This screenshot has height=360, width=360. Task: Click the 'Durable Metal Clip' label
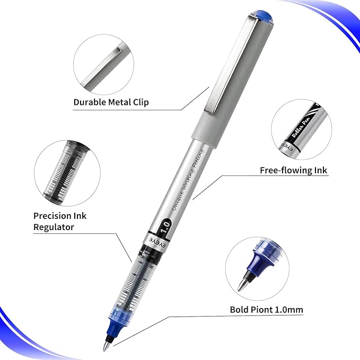click(x=111, y=101)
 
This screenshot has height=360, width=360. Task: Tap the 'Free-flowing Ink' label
click(x=293, y=170)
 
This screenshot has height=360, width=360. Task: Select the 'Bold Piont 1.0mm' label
click(x=267, y=310)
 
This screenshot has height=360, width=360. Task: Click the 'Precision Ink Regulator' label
click(x=60, y=221)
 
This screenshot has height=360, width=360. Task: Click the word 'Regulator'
click(x=54, y=227)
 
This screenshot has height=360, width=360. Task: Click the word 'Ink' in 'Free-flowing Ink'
click(x=320, y=170)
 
